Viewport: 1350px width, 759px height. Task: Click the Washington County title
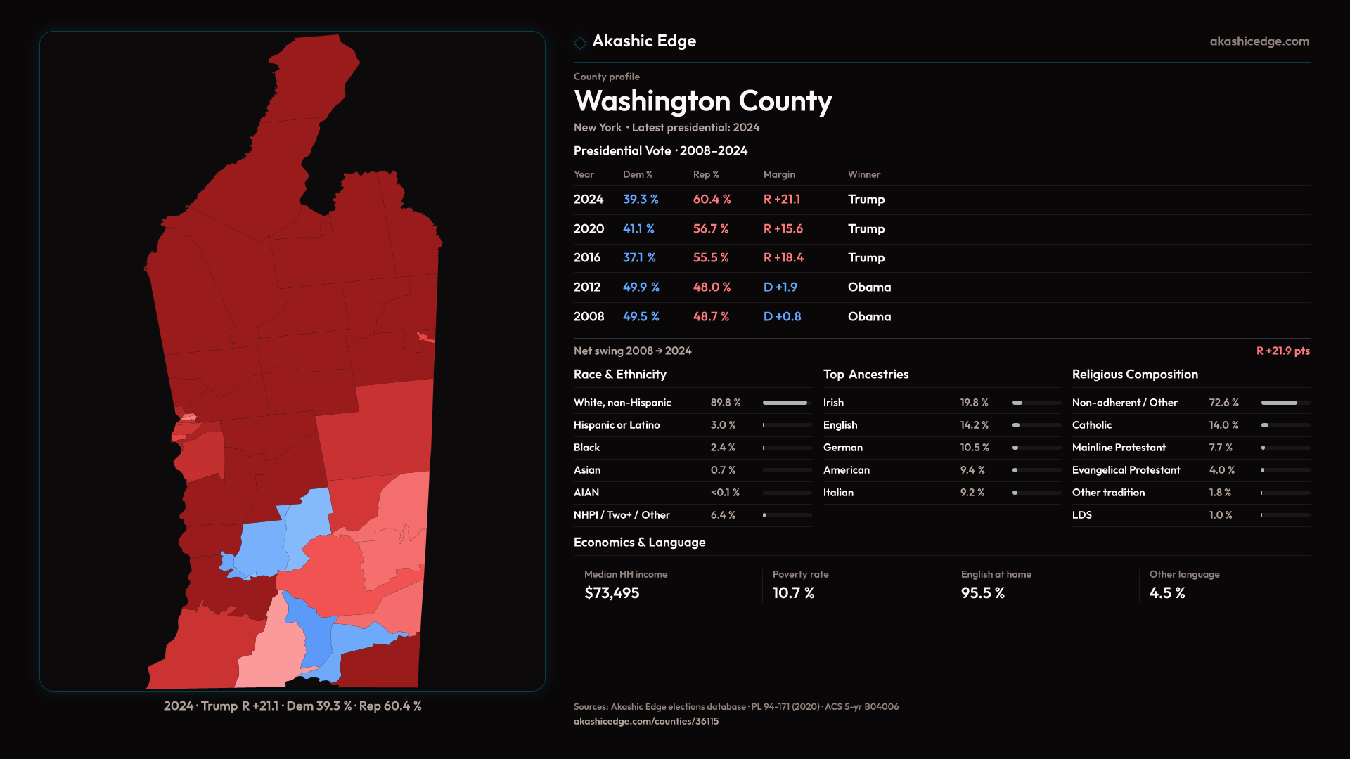702,101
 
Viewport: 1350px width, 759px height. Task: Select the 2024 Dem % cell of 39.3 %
640,200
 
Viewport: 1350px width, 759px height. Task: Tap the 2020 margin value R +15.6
783,229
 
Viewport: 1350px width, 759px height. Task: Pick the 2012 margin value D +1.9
780,287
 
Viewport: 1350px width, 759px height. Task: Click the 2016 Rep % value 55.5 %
710,258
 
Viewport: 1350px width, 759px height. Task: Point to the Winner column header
863,174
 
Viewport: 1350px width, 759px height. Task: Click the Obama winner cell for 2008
869,317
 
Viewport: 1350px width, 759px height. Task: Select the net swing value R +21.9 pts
1282,351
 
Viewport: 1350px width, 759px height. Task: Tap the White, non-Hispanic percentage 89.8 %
725,403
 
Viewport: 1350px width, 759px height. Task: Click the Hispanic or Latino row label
616,425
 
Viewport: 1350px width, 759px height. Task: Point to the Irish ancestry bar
1036,403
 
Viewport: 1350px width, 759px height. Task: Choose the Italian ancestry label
838,493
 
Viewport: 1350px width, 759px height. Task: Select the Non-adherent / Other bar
1285,403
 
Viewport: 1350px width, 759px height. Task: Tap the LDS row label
1081,515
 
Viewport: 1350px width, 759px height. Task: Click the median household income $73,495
612,593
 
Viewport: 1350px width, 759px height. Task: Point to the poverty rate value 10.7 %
793,593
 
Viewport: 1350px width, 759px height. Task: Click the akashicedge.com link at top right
1259,41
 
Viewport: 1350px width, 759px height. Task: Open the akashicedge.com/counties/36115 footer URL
645,721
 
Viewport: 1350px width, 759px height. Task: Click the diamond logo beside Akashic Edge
580,43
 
